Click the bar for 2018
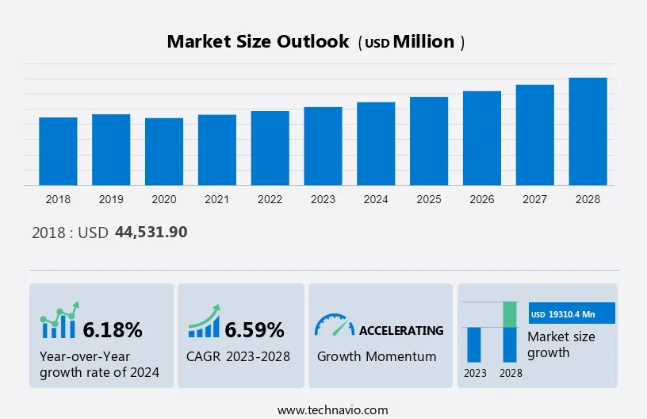coord(58,152)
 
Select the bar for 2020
coord(164,152)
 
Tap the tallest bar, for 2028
coord(588,132)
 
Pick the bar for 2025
coord(429,141)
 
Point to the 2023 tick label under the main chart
coord(323,199)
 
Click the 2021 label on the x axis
coord(217,199)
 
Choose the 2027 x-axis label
coord(535,199)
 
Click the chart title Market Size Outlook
coord(258,42)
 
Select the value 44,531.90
coord(151,232)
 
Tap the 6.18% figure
coord(113,329)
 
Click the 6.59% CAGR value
coord(254,329)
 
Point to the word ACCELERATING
coord(401,330)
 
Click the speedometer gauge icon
coord(334,325)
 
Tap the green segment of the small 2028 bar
coord(511,314)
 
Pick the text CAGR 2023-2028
coord(239,356)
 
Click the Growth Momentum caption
coord(377,356)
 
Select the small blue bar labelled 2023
coord(475,344)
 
